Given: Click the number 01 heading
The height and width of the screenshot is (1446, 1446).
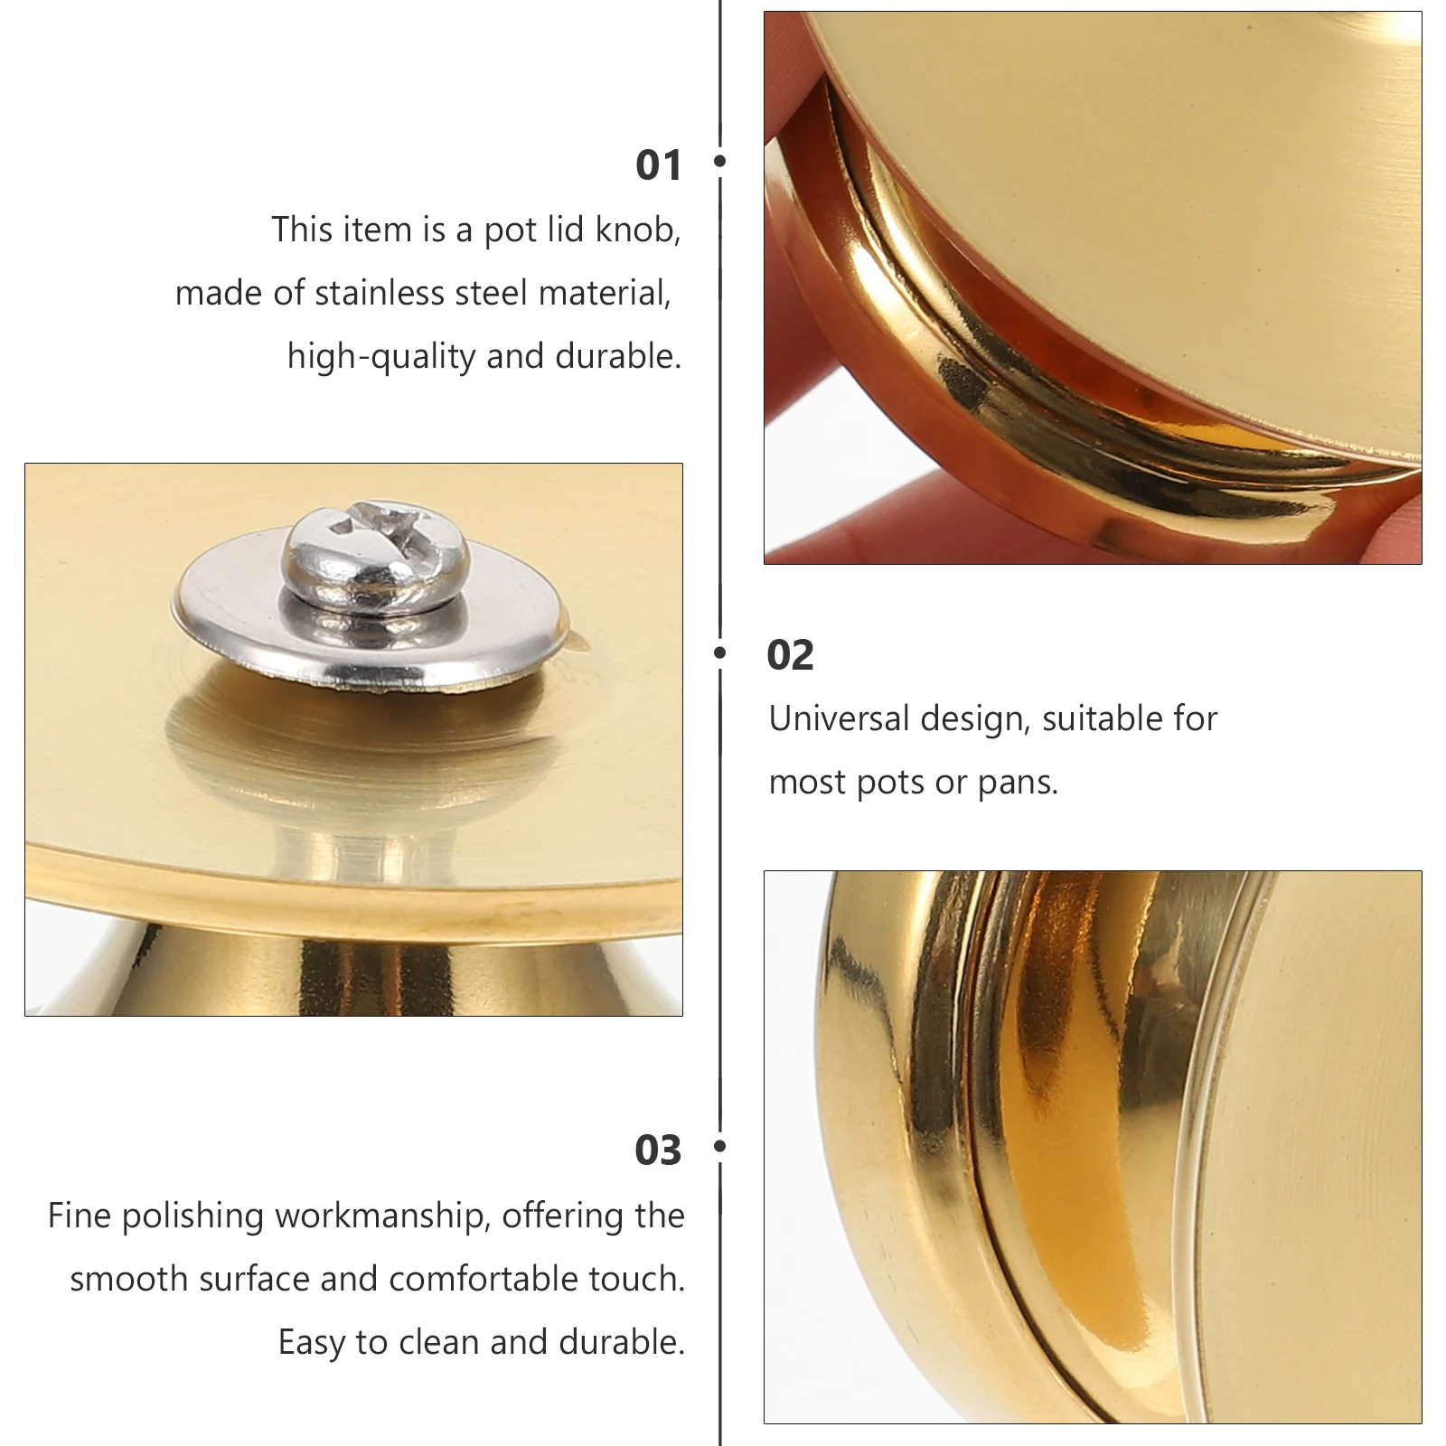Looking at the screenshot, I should point(658,165).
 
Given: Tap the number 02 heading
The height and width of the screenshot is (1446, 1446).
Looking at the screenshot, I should point(790,655).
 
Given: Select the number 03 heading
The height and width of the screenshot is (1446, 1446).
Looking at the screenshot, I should point(658,1150).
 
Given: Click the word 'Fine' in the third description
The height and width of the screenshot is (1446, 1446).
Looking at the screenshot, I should point(80,1216).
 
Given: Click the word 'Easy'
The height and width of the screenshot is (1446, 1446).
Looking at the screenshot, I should point(312,1344).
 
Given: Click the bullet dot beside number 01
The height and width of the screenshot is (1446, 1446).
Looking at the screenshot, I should point(720,161).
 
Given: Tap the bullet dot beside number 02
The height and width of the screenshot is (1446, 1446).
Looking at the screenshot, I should point(720,653).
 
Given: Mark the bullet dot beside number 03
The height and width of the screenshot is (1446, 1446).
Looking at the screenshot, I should point(720,1146).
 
